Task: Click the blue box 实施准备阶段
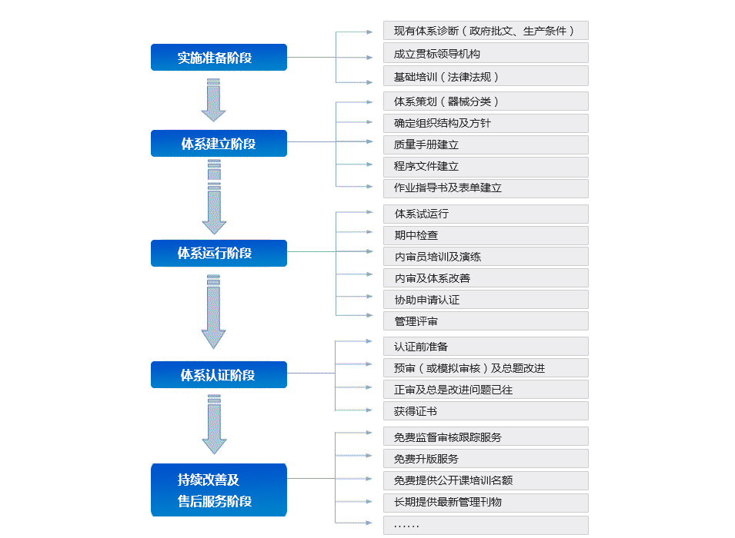[219, 57]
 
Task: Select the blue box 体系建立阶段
[219, 143]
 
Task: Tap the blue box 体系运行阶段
[219, 254]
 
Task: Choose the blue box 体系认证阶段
[219, 374]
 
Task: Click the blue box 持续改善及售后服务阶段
[219, 490]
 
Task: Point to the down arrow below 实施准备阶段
[214, 100]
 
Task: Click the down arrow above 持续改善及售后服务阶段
[214, 424]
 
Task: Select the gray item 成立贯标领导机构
[486, 53]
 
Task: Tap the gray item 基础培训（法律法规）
[486, 76]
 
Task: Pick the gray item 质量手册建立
[486, 144]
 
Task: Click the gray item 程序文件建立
[486, 167]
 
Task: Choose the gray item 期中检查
[486, 235]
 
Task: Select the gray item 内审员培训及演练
[486, 257]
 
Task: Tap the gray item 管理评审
[486, 321]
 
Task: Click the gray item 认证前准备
[486, 347]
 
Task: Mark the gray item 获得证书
[486, 411]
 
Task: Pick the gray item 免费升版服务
[486, 459]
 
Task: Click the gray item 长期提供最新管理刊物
[486, 503]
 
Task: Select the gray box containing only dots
[486, 526]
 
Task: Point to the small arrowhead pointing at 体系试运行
[369, 212]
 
